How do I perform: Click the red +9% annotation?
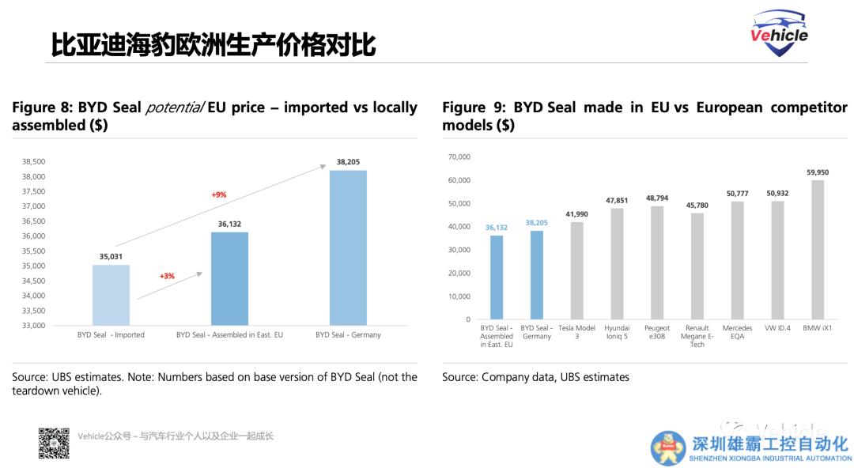tap(218, 194)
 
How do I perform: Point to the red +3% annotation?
tap(167, 276)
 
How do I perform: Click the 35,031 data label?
tap(111, 256)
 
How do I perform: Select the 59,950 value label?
tap(818, 172)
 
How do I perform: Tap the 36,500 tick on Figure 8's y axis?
tap(32, 221)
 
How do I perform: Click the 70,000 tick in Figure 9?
tap(459, 157)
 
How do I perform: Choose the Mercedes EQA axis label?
tap(737, 332)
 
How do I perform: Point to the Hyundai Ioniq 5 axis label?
tap(617, 332)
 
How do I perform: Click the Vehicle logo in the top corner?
tap(779, 34)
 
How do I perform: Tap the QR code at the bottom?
tap(54, 443)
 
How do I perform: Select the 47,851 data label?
tap(617, 201)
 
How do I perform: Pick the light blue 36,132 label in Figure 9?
tap(497, 228)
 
